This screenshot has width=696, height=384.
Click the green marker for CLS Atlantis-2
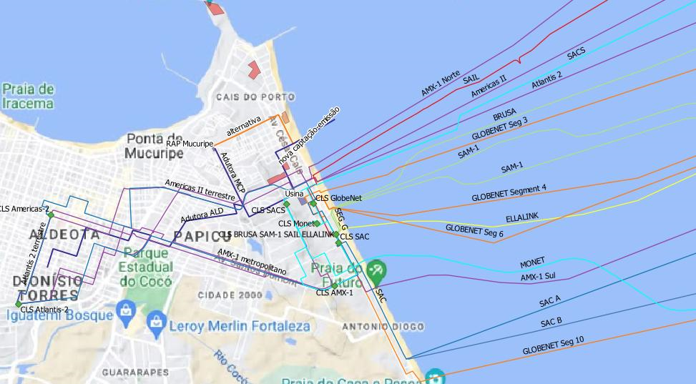tap(19, 304)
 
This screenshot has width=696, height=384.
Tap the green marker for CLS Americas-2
tap(50, 215)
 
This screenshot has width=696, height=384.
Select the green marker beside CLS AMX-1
tap(334, 286)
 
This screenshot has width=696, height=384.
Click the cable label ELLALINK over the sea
tap(521, 217)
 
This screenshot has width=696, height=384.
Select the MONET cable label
tap(532, 262)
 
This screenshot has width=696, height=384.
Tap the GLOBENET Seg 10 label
tap(553, 345)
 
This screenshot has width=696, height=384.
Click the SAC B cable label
tap(551, 322)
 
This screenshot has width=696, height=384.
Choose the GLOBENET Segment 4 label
tap(509, 192)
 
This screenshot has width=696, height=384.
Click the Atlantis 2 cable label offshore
tap(546, 79)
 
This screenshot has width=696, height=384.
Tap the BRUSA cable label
tap(504, 116)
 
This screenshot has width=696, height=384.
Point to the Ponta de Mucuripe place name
tap(154, 145)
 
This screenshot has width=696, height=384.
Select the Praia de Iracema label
tap(28, 96)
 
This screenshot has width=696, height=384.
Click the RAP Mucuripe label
tap(190, 144)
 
